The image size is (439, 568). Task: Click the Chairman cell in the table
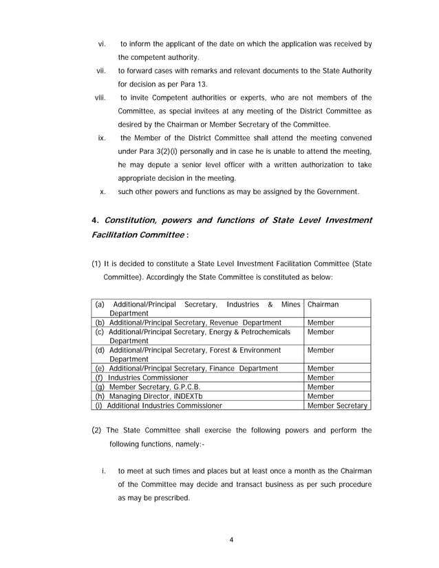[x=323, y=304]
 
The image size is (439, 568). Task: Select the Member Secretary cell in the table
[x=337, y=406]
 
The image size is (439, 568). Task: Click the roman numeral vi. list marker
[x=100, y=44]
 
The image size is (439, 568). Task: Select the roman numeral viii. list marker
[x=100, y=97]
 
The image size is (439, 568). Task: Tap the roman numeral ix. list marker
[x=101, y=138]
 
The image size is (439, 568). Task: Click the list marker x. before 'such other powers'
[x=102, y=191]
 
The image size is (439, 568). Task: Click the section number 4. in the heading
[x=95, y=220]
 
